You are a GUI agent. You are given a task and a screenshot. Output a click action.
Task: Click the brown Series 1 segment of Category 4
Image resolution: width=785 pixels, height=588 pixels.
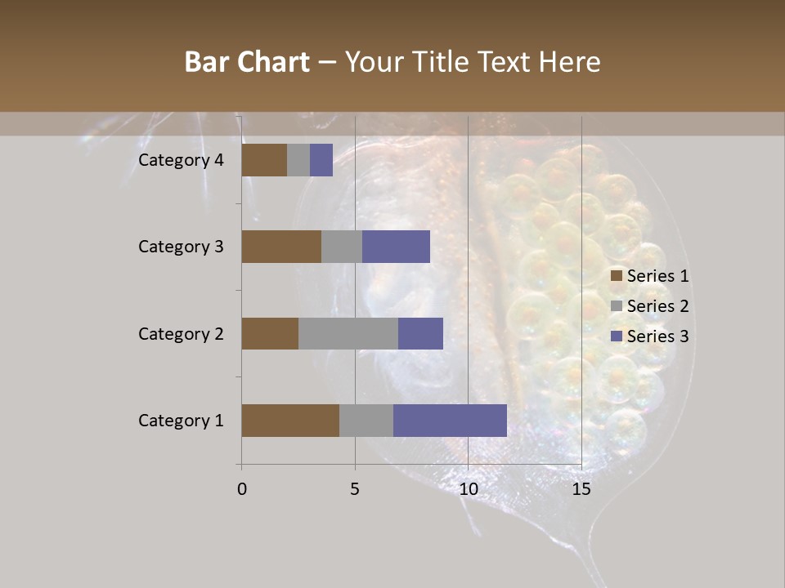pyautogui.click(x=264, y=160)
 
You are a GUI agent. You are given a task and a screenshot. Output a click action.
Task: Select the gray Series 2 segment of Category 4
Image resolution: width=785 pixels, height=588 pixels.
pyautogui.click(x=298, y=160)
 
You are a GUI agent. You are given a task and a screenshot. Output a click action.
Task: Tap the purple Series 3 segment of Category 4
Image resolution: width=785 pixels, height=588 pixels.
pyautogui.click(x=321, y=160)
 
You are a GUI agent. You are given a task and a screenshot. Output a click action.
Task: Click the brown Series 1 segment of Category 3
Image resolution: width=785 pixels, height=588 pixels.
pyautogui.click(x=281, y=247)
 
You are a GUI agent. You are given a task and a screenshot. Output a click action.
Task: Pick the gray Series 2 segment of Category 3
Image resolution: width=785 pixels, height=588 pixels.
pyautogui.click(x=342, y=247)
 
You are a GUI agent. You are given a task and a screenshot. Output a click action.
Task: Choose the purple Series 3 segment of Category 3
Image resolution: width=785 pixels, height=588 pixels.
pyautogui.click(x=396, y=247)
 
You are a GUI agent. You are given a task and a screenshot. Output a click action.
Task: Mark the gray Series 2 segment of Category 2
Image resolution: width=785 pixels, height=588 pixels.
pyautogui.click(x=348, y=333)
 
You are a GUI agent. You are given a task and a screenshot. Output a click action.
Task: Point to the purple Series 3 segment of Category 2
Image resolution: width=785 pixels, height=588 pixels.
pyautogui.click(x=420, y=333)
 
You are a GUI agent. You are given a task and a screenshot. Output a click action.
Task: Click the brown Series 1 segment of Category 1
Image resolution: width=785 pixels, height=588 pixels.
pyautogui.click(x=290, y=421)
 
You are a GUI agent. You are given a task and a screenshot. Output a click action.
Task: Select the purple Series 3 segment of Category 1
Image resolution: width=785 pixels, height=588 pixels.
pyautogui.click(x=450, y=421)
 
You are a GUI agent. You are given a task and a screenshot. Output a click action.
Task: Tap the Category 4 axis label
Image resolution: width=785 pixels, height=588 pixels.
pyautogui.click(x=181, y=160)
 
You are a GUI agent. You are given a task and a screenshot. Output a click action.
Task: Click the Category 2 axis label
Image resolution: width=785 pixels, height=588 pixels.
pyautogui.click(x=181, y=334)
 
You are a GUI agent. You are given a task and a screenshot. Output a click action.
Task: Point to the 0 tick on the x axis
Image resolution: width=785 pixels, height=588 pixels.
pyautogui.click(x=242, y=489)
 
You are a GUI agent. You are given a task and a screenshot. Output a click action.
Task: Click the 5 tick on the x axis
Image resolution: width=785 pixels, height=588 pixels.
pyautogui.click(x=355, y=489)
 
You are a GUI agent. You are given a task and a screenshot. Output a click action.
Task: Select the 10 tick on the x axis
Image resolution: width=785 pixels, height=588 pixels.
pyautogui.click(x=468, y=489)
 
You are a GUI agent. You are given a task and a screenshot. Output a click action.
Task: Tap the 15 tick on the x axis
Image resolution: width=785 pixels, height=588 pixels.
pyautogui.click(x=581, y=489)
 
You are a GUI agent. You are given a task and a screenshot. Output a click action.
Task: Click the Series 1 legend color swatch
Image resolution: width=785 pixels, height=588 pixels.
pyautogui.click(x=616, y=276)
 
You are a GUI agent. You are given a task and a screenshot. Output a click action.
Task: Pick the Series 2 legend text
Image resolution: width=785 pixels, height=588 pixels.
pyautogui.click(x=657, y=306)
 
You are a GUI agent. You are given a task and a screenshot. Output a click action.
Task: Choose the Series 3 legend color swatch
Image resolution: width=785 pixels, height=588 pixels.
pyautogui.click(x=616, y=336)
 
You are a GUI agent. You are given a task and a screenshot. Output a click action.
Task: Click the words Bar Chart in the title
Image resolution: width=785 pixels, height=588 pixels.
pyautogui.click(x=247, y=62)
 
